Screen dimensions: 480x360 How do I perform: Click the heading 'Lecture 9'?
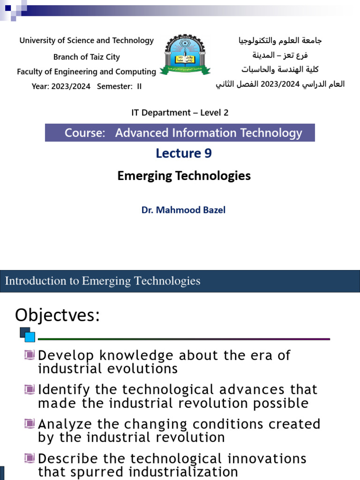pos(184,153)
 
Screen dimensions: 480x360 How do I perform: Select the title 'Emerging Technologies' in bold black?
pos(184,176)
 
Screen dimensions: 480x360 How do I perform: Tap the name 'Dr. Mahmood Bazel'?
pos(183,210)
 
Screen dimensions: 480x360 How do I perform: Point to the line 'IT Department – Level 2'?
pos(180,112)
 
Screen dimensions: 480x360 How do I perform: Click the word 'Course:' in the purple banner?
pos(84,133)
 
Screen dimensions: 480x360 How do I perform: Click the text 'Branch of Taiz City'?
pos(86,57)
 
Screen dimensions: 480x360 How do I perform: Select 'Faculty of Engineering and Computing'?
pos(86,72)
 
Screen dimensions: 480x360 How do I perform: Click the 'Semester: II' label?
pos(119,86)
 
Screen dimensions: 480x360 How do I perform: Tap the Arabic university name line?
pos(280,41)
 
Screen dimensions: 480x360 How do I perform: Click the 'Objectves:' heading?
pos(57,315)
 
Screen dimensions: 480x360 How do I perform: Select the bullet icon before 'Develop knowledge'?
pos(30,355)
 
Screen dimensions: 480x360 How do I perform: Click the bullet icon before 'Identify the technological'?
pos(30,389)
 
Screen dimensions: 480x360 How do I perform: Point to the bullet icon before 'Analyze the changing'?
pos(30,424)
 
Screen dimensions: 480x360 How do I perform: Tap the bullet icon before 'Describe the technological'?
pos(30,458)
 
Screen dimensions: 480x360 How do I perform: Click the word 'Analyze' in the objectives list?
pos(64,424)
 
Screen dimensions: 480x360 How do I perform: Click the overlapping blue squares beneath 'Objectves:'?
pos(27,335)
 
